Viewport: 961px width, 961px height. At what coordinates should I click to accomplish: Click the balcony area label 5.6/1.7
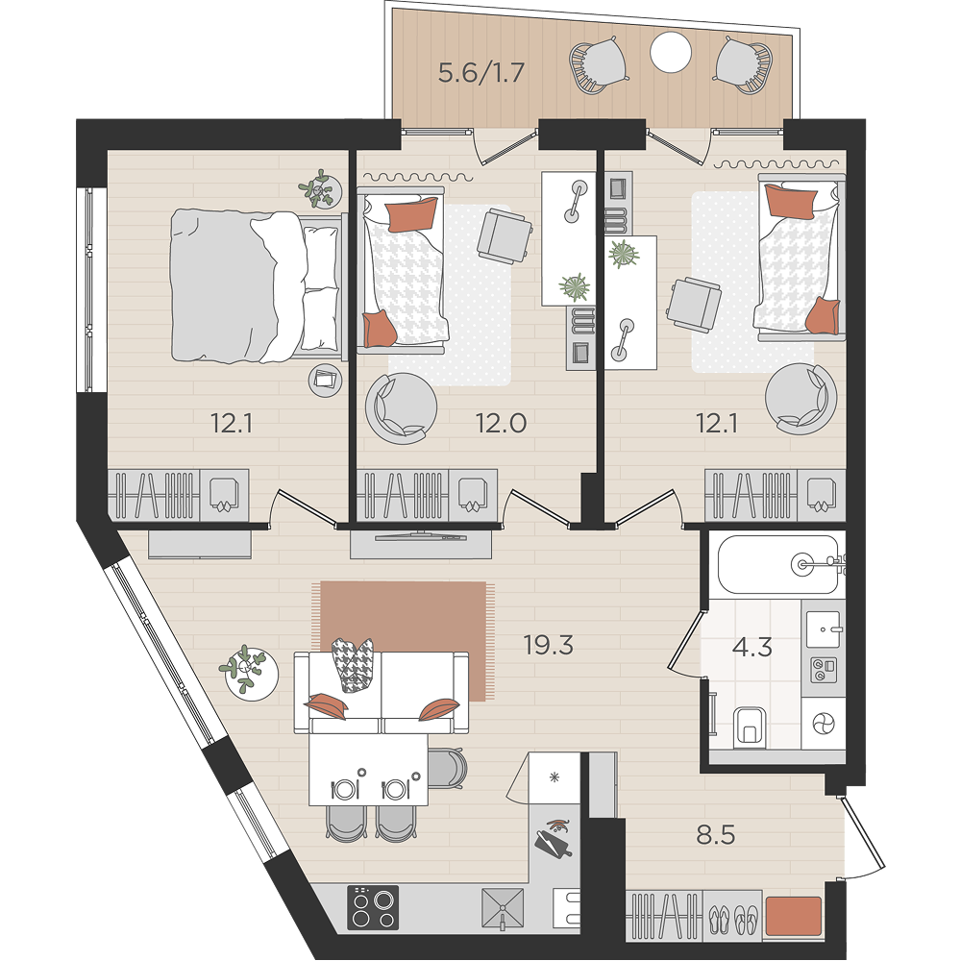[x=481, y=73]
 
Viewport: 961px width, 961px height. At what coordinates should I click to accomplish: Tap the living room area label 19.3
[x=548, y=645]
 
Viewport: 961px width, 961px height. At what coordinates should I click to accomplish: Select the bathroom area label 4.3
[x=752, y=647]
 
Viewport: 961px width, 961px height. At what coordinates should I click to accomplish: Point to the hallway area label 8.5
[x=715, y=835]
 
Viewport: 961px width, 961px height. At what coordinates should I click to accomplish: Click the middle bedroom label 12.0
[x=502, y=423]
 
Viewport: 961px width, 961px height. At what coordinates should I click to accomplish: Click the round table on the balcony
[x=671, y=52]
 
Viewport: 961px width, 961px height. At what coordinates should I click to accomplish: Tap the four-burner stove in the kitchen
[x=373, y=907]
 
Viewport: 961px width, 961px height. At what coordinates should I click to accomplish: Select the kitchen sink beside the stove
[x=503, y=907]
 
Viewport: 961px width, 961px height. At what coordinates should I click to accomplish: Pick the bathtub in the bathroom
[x=778, y=564]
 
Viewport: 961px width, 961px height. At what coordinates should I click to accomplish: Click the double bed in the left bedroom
[x=256, y=285]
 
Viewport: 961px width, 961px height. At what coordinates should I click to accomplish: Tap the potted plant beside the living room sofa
[x=248, y=671]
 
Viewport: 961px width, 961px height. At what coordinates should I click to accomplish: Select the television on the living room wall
[x=421, y=537]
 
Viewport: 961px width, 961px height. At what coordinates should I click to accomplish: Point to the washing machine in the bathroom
[x=824, y=724]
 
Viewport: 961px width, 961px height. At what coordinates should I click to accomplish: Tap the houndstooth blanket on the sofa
[x=353, y=664]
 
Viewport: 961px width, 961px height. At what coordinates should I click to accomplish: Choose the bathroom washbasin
[x=824, y=628]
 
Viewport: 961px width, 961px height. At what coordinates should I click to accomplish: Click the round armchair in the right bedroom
[x=801, y=399]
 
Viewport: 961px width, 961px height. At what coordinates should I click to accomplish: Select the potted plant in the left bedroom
[x=319, y=188]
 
